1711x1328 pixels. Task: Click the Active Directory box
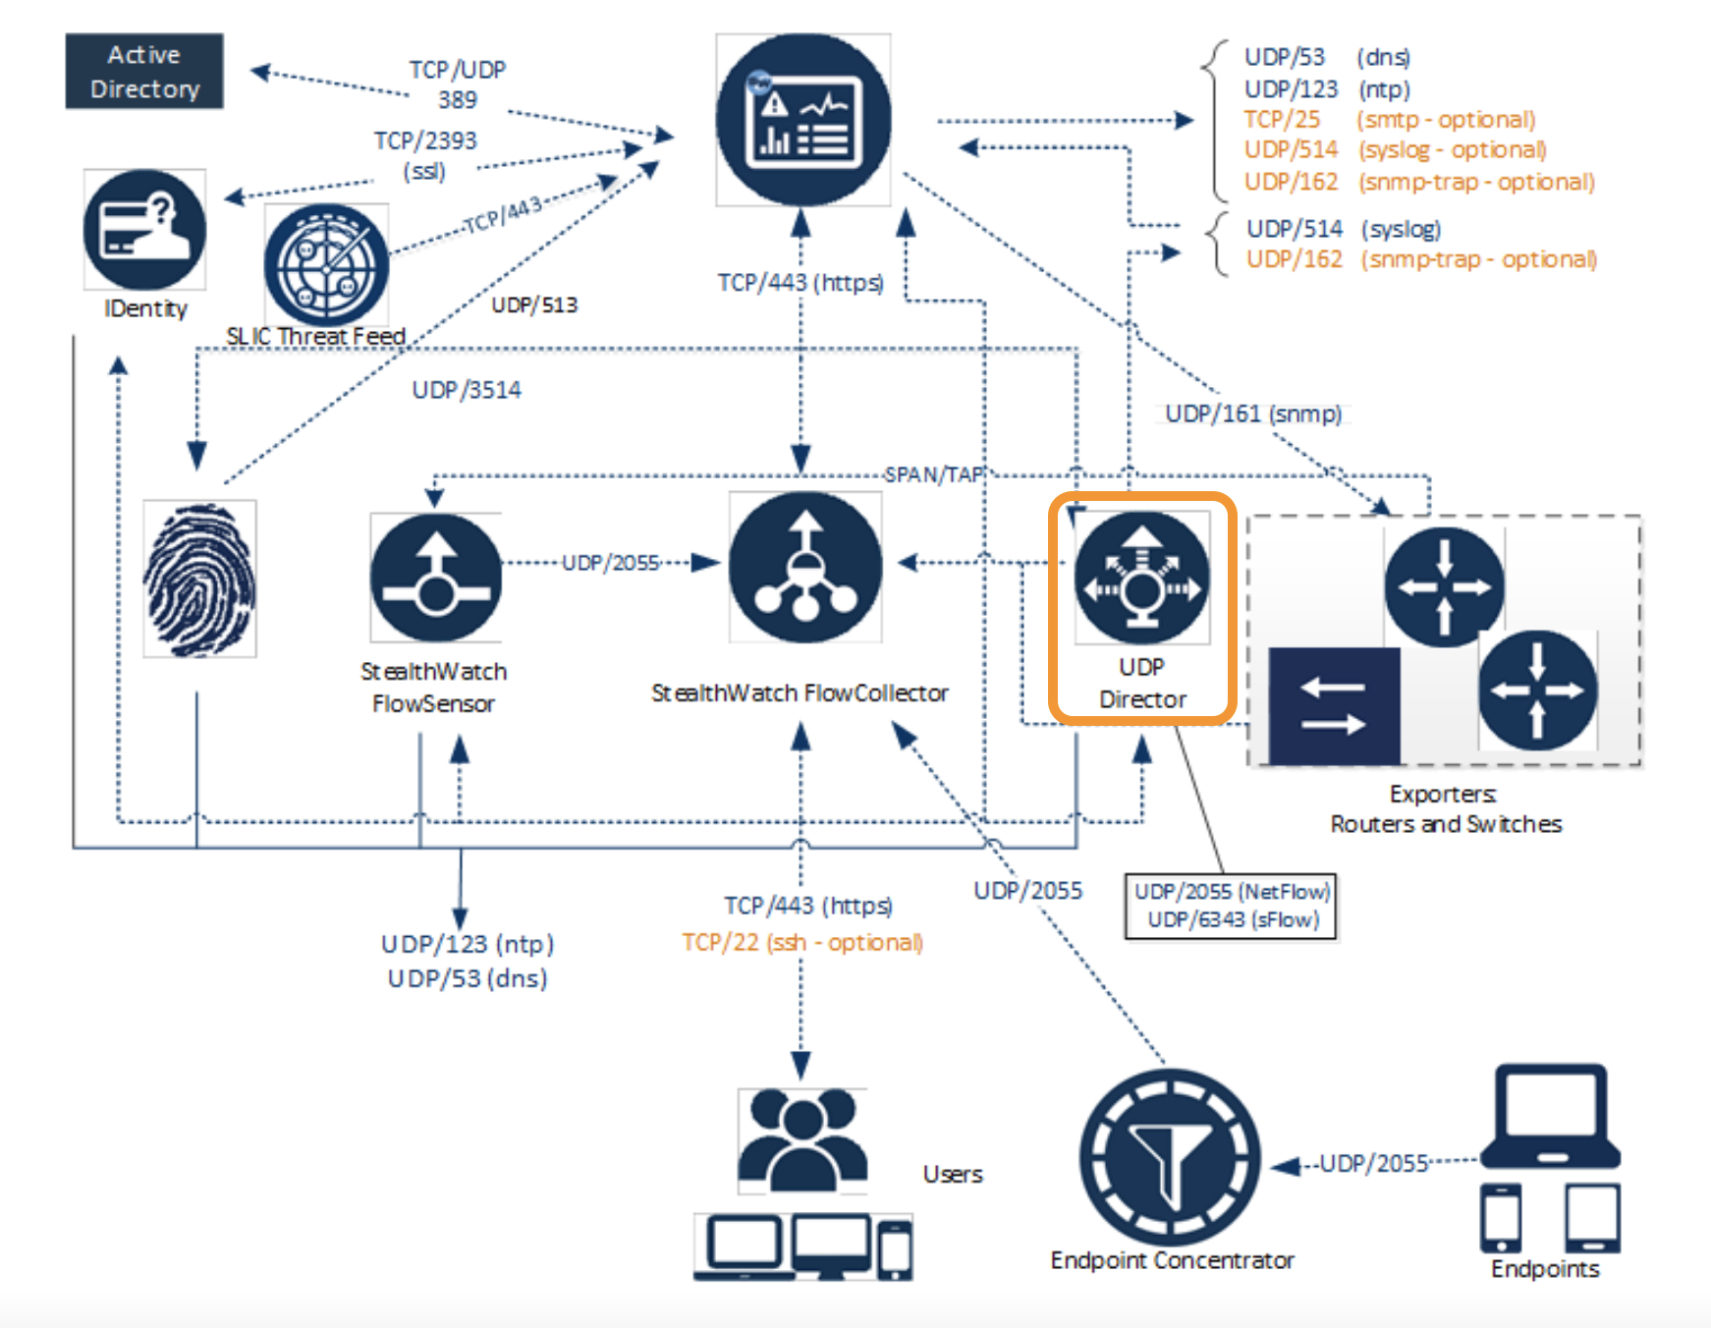[144, 72]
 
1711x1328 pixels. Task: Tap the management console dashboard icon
[803, 120]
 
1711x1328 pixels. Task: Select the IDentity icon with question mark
[144, 230]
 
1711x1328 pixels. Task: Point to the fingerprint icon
[199, 579]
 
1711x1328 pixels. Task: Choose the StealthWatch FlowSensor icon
[436, 578]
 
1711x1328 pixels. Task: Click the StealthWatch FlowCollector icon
[805, 568]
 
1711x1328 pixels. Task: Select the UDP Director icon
[1141, 579]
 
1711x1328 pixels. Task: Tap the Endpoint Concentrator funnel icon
[1170, 1157]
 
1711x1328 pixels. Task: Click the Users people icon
[802, 1139]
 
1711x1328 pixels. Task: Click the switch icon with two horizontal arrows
[1334, 705]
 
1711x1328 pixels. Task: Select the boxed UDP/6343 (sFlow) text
[1233, 920]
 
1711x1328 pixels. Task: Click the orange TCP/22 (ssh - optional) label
[802, 943]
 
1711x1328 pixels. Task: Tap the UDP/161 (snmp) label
[1252, 414]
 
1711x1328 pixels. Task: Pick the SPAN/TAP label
[933, 475]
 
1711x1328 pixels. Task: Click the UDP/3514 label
[467, 390]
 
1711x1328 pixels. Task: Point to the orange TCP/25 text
[1282, 120]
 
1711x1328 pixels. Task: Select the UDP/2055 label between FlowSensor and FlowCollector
[610, 563]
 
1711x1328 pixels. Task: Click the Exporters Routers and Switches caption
[1445, 808]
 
